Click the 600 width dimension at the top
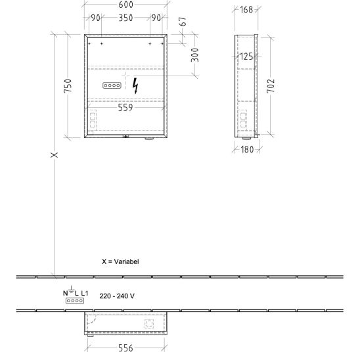tap(126, 5)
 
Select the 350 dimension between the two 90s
tap(126, 18)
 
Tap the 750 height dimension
tap(68, 86)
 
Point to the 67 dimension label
tap(183, 22)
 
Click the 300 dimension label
tap(194, 55)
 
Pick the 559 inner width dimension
tap(125, 108)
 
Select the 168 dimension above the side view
tap(246, 10)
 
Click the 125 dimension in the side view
tap(246, 56)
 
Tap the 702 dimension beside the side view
tap(271, 86)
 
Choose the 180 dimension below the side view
tap(247, 150)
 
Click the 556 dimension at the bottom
tap(125, 348)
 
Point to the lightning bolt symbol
tap(136, 86)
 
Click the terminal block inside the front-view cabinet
tap(112, 85)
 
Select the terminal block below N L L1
tap(75, 300)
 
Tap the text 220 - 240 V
tap(117, 296)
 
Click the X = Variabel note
tap(120, 261)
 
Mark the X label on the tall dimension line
tap(54, 155)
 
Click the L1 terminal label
tap(85, 293)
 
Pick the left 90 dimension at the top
tap(95, 18)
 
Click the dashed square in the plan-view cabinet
tap(149, 324)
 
